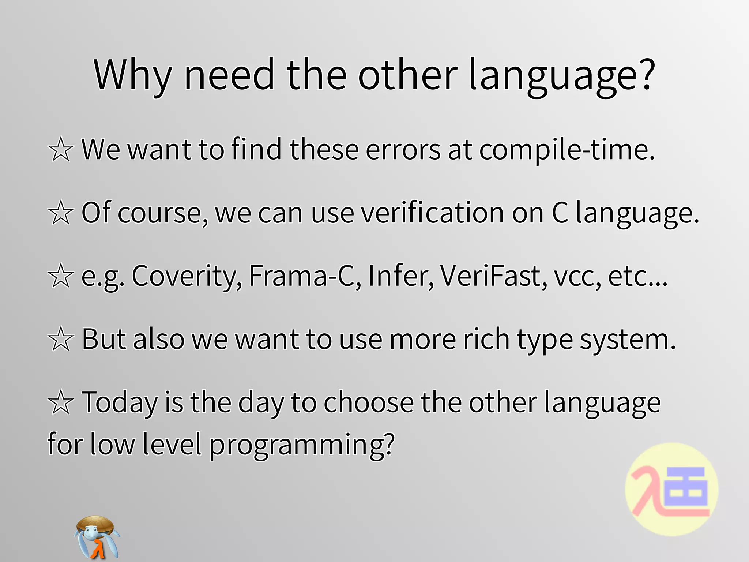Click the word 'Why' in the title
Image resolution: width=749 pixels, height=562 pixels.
click(132, 75)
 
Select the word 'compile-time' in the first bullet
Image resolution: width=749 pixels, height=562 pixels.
click(567, 150)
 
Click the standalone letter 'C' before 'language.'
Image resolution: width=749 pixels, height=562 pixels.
click(560, 213)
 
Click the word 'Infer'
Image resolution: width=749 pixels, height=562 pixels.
click(401, 276)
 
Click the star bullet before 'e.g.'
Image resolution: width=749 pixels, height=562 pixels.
click(61, 276)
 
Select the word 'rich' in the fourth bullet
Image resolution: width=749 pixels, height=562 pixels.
click(486, 340)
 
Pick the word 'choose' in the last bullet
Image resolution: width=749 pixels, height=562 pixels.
click(369, 402)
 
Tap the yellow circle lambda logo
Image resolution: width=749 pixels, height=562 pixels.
click(672, 490)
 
